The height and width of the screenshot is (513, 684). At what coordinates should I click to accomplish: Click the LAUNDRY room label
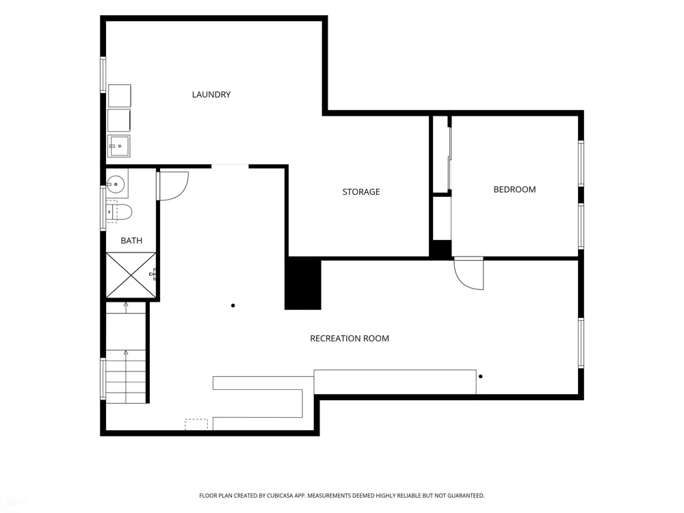pyautogui.click(x=211, y=94)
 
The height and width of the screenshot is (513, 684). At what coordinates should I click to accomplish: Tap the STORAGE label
pyautogui.click(x=360, y=192)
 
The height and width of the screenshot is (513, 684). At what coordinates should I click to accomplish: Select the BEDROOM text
pyautogui.click(x=514, y=189)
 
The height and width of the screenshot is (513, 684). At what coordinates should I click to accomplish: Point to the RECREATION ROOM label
pyautogui.click(x=350, y=338)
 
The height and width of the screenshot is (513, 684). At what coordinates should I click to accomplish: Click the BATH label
pyautogui.click(x=131, y=240)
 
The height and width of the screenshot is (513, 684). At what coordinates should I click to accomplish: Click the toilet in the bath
pyautogui.click(x=119, y=212)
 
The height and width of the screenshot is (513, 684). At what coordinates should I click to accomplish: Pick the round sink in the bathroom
pyautogui.click(x=116, y=184)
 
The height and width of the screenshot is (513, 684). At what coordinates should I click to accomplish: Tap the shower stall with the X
pyautogui.click(x=131, y=275)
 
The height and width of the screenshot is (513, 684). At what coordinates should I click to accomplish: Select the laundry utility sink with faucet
pyautogui.click(x=118, y=146)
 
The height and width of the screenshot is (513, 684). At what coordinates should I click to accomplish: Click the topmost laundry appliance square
pyautogui.click(x=119, y=96)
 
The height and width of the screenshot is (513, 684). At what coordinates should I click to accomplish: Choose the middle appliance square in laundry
pyautogui.click(x=119, y=120)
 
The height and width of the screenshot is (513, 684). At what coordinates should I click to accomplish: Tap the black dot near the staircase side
pyautogui.click(x=233, y=305)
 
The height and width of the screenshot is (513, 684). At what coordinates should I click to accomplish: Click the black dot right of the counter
pyautogui.click(x=480, y=376)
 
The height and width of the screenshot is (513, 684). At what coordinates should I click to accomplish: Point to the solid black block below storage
pyautogui.click(x=303, y=283)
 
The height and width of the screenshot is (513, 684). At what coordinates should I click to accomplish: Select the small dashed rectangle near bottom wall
pyautogui.click(x=196, y=425)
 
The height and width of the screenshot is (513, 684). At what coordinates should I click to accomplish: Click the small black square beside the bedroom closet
pyautogui.click(x=441, y=250)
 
